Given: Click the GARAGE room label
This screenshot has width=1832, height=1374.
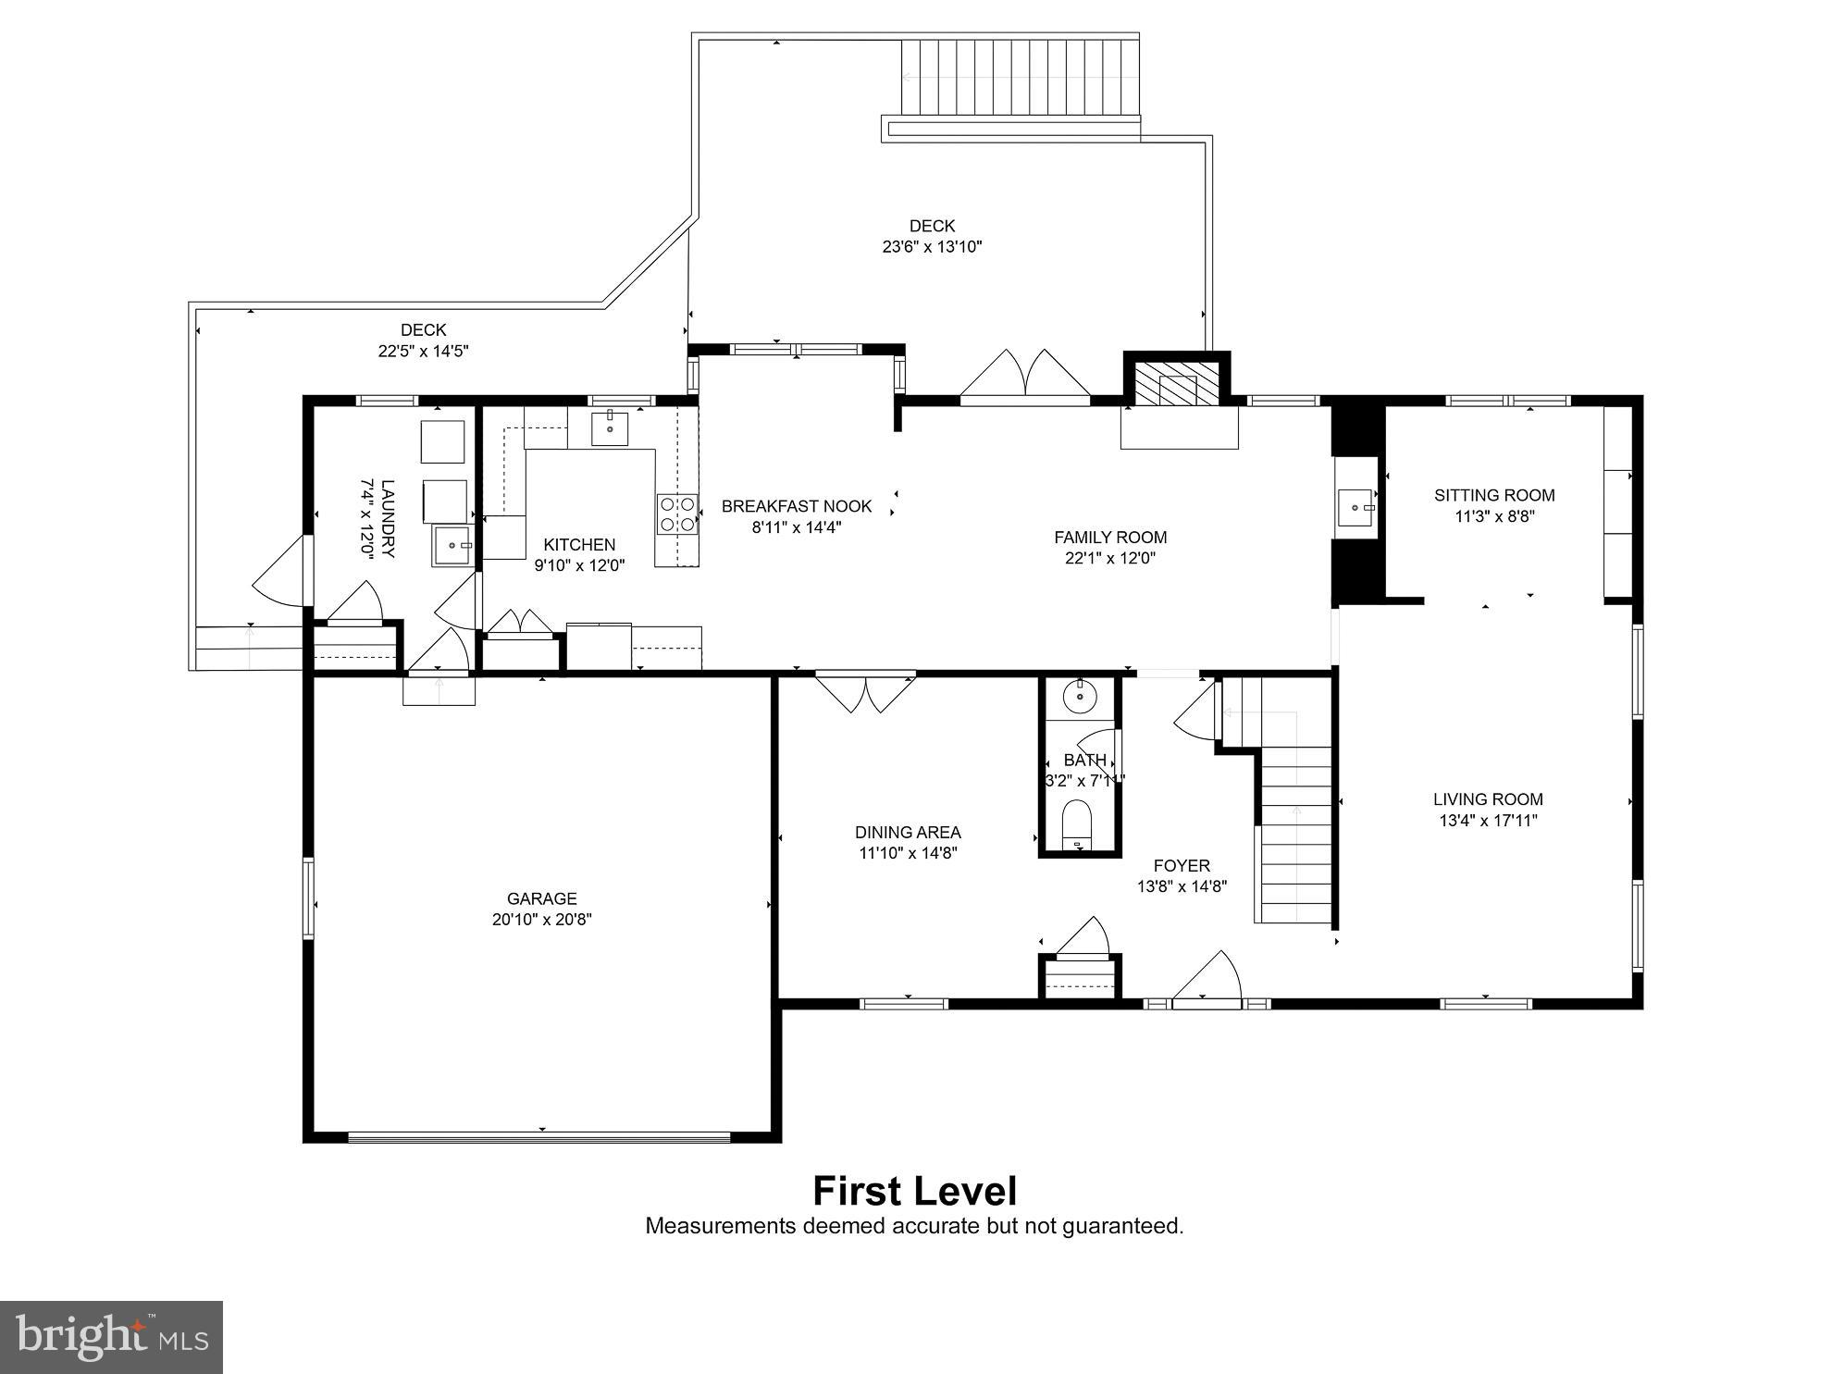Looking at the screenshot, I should (541, 897).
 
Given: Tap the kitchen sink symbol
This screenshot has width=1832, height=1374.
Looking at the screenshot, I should (610, 428).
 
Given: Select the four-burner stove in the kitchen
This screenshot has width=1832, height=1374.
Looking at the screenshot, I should (677, 514).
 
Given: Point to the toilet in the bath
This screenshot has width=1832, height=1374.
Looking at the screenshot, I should (1078, 824).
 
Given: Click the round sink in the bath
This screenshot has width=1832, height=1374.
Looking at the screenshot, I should (1079, 696).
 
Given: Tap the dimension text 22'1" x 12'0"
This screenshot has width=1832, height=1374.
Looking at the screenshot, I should (1109, 558).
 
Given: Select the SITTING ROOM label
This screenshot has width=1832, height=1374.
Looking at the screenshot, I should (1493, 495).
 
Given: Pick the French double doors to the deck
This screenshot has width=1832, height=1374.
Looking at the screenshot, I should (1024, 378).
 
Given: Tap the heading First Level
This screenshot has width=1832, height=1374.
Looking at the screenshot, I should (914, 1191).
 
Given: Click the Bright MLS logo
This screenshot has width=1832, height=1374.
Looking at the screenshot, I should (111, 1337).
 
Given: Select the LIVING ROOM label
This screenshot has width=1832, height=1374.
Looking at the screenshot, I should (1487, 798).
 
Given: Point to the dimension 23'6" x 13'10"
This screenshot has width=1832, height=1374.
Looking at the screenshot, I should (931, 247).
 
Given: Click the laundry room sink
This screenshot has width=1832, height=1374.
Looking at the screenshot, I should (452, 545).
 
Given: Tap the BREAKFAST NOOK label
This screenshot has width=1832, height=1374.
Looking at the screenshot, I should (796, 506).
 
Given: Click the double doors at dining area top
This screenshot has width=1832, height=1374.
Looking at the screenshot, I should (865, 692).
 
